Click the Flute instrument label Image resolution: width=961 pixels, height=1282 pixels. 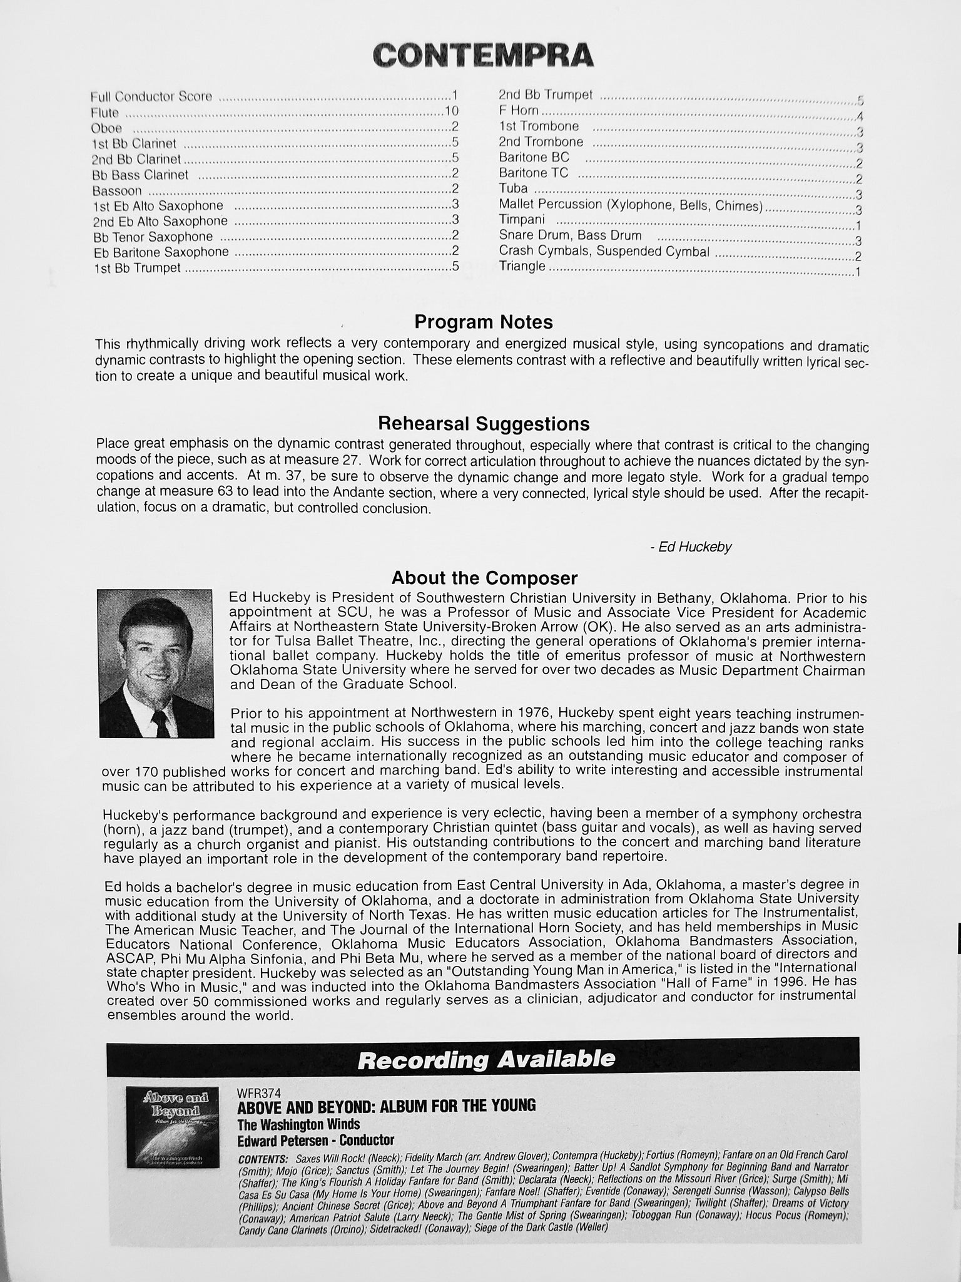(x=104, y=113)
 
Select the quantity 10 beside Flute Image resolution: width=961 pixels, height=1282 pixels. (x=452, y=111)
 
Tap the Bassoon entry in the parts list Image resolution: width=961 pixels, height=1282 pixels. (x=116, y=191)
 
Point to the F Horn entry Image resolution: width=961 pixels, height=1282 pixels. (x=518, y=111)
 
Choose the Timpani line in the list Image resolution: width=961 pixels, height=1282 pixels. (x=521, y=220)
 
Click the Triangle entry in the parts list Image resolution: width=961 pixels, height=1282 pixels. (x=522, y=267)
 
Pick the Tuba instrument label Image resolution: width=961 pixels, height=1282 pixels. (x=513, y=188)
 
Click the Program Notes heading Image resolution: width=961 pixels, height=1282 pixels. (x=483, y=322)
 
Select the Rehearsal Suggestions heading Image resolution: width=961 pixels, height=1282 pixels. (x=483, y=424)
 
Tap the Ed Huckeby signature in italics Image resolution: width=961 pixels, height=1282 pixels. (x=690, y=547)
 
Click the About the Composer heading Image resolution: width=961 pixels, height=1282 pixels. (x=484, y=577)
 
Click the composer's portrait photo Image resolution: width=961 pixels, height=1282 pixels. (x=155, y=663)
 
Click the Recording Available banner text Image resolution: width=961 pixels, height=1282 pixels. (x=486, y=1059)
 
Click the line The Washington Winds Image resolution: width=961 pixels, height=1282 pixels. (x=298, y=1124)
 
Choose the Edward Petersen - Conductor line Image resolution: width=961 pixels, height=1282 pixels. (x=315, y=1140)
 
